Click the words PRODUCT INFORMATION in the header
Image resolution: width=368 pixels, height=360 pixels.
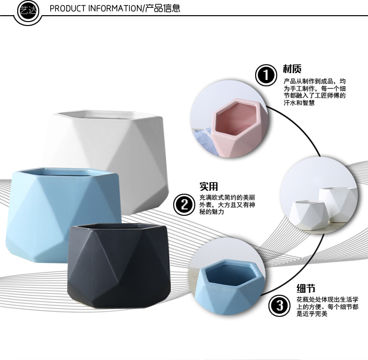click(x=96, y=9)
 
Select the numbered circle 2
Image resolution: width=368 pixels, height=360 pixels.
click(x=184, y=204)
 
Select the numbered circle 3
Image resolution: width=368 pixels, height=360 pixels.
click(x=279, y=307)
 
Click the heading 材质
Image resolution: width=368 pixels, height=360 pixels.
click(x=292, y=69)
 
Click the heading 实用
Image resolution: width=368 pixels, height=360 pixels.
click(x=208, y=187)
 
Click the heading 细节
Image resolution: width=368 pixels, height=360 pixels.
click(x=306, y=288)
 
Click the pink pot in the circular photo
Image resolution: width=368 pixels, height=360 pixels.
click(x=238, y=125)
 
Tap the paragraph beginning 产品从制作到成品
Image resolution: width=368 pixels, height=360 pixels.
click(x=315, y=92)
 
